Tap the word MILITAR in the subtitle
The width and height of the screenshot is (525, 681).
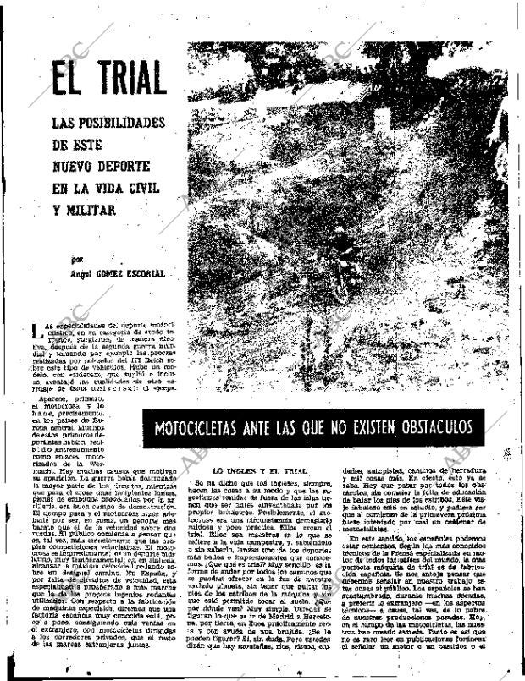coord(86,209)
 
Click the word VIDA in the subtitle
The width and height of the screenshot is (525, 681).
coord(102,188)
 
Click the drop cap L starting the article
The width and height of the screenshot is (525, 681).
coord(34,332)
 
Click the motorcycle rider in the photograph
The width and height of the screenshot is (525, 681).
coord(341,245)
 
